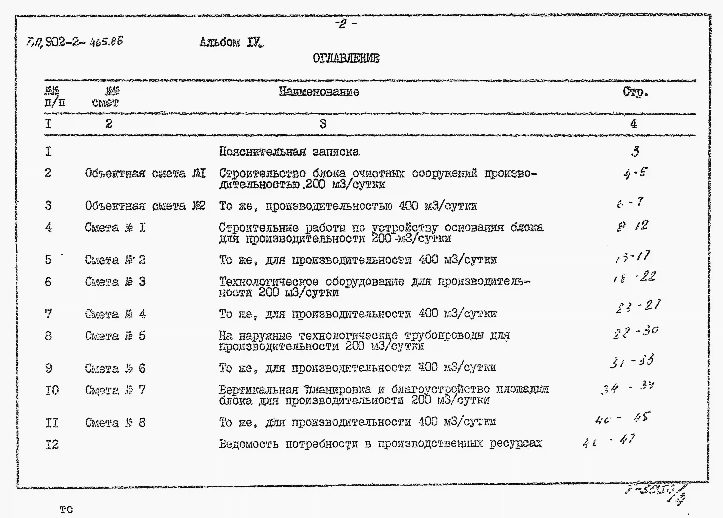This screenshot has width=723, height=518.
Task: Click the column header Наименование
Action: [319, 92]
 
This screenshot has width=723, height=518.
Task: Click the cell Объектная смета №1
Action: [145, 173]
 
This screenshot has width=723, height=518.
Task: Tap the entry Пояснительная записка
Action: [289, 151]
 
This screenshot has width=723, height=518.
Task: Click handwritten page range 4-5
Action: [635, 173]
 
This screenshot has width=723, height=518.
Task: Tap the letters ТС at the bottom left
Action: [66, 510]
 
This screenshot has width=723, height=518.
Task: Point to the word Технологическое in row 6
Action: [268, 282]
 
